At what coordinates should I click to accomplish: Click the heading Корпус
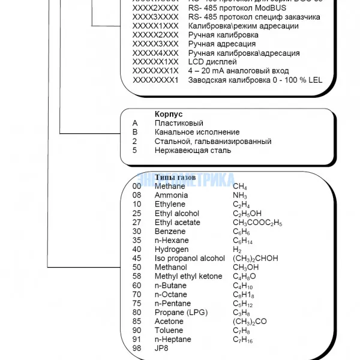(x=169, y=114)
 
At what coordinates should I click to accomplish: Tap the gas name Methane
(x=170, y=187)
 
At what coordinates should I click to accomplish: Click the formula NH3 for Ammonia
(x=239, y=196)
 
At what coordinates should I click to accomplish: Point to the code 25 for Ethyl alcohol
(x=136, y=214)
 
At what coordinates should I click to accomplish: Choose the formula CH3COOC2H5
(x=257, y=223)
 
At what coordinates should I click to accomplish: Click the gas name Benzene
(x=170, y=232)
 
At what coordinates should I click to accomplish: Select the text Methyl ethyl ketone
(x=188, y=277)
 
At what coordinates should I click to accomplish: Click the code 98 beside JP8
(x=136, y=349)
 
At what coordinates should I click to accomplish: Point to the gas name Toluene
(x=169, y=331)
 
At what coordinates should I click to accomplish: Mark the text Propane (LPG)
(x=178, y=313)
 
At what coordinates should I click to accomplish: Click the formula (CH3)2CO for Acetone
(x=250, y=322)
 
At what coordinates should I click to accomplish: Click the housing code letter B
(x=135, y=132)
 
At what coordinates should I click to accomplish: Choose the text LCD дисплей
(x=212, y=62)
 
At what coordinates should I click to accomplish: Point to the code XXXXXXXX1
(x=155, y=80)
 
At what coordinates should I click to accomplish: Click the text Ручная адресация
(x=221, y=44)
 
